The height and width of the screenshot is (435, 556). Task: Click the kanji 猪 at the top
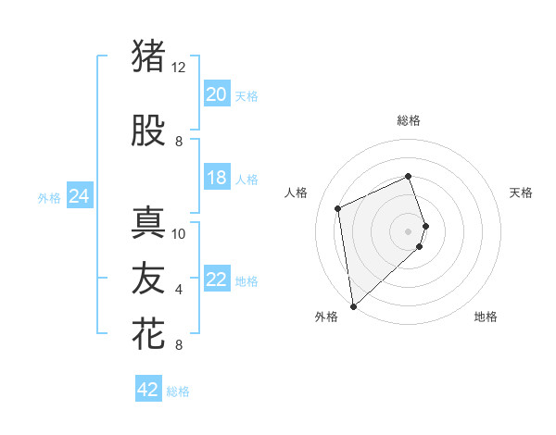149,56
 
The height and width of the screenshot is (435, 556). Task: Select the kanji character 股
149,130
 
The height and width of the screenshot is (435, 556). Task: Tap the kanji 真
149,223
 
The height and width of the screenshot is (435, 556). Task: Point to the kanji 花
149,334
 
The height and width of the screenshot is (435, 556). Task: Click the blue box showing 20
217,94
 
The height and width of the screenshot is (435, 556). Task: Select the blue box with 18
217,178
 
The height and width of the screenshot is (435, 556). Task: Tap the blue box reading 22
217,280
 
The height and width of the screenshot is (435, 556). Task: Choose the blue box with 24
79,196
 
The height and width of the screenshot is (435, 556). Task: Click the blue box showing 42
148,390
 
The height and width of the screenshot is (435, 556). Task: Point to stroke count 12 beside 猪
179,68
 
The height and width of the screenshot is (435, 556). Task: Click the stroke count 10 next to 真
179,234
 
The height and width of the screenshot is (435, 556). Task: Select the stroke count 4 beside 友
179,290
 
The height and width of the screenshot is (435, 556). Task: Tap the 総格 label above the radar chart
409,120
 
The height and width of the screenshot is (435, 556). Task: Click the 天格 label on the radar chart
522,193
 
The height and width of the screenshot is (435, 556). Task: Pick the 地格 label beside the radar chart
486,317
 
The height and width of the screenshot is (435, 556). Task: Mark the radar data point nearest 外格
353,305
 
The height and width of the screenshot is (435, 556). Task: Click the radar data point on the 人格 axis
338,207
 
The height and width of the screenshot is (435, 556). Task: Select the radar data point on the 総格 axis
409,177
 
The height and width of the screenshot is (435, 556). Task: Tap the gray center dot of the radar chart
409,230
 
